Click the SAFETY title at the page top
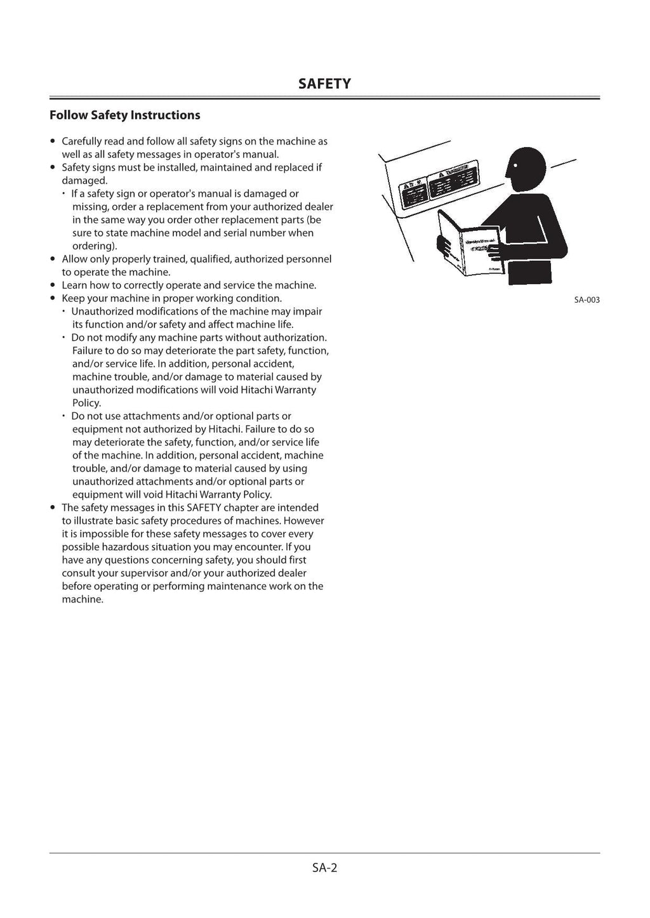tap(324, 84)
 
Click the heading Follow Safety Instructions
tap(124, 115)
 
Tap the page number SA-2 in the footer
tap(324, 867)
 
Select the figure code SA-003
tap(587, 299)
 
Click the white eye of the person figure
tap(515, 166)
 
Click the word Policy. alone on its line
tap(86, 403)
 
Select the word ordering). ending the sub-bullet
tap(95, 246)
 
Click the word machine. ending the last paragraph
tap(83, 600)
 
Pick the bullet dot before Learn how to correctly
tap(53, 285)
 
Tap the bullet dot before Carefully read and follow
tap(53, 141)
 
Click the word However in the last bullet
tap(303, 521)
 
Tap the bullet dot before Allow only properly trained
tap(53, 259)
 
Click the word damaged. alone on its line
tap(84, 181)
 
